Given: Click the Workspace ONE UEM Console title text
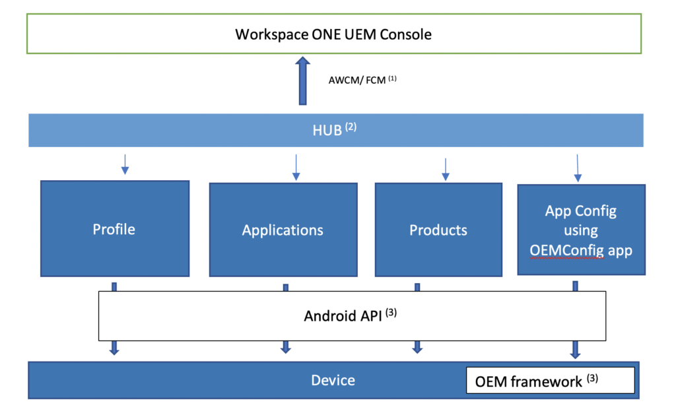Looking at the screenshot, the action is tap(333, 34).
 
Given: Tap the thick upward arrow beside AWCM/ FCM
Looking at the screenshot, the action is tap(302, 81).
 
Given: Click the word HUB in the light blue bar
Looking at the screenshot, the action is tap(327, 130).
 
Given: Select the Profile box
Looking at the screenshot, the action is tap(115, 228).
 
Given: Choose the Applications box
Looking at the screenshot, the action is tap(283, 230).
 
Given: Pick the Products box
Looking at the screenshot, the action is tap(438, 230).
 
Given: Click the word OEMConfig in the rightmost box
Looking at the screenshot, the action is tap(566, 250).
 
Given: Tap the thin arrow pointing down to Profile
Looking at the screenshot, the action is tap(125, 164).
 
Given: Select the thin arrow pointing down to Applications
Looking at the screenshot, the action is tap(296, 168).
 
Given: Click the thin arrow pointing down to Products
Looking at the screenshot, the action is tap(446, 170).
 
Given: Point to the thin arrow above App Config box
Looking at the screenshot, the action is tap(578, 168).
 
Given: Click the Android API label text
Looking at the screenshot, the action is tap(343, 316).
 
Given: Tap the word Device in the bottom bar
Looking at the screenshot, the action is tap(333, 381).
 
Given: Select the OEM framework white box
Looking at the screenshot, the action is tap(551, 381).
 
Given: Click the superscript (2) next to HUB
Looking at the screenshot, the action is tap(351, 127).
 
